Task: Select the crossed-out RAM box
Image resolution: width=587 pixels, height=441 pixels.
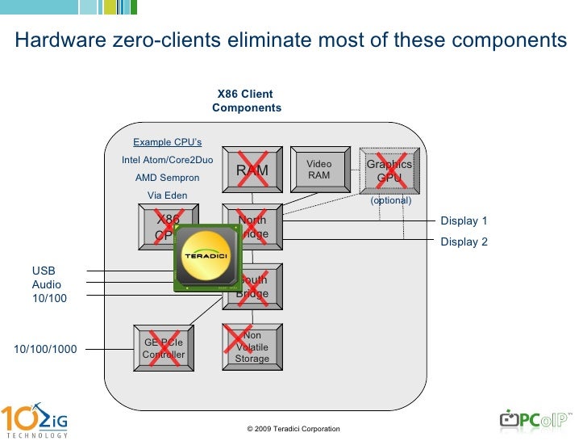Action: click(x=252, y=170)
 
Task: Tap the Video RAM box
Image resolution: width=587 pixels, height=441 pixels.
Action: click(x=318, y=170)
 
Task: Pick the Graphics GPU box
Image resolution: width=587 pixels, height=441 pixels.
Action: click(x=389, y=170)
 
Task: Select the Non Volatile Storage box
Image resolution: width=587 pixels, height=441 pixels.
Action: click(x=252, y=348)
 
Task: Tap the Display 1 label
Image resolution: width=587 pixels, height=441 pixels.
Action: click(x=464, y=221)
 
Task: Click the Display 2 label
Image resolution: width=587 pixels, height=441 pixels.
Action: click(x=464, y=241)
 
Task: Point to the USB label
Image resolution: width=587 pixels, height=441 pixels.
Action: click(x=43, y=271)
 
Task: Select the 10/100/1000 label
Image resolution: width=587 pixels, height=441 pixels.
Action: click(x=45, y=350)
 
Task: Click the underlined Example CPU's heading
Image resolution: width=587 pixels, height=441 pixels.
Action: click(x=167, y=142)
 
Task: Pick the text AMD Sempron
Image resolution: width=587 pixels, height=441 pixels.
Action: click(x=167, y=178)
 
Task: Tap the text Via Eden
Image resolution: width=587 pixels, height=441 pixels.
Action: click(x=167, y=195)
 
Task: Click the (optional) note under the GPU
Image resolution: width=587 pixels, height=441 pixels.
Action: click(x=390, y=200)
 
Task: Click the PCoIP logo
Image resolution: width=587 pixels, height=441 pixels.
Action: click(x=534, y=419)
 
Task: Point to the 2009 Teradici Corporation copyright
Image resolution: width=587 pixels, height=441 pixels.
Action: click(x=293, y=429)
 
